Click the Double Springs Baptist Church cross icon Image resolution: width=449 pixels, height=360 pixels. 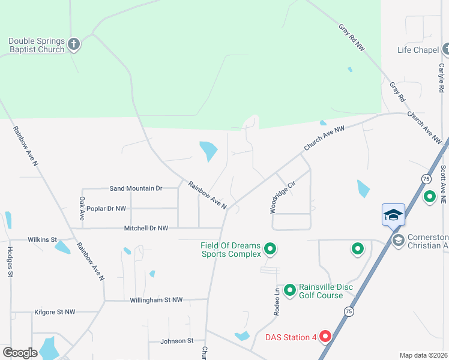click(73, 44)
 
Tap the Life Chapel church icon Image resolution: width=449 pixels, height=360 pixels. click(445, 49)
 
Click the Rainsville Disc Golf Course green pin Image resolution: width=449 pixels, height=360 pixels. click(290, 291)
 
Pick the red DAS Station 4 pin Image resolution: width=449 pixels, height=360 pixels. click(325, 337)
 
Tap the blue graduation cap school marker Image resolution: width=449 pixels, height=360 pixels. click(393, 215)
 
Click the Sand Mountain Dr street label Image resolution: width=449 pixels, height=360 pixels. click(136, 188)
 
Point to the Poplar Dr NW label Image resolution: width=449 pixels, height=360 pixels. click(106, 209)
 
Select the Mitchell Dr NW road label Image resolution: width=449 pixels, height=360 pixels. click(146, 229)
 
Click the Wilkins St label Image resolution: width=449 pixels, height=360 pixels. click(42, 239)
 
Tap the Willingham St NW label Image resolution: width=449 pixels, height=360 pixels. click(160, 299)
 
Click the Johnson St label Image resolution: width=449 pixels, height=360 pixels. click(177, 341)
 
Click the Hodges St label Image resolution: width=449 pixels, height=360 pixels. click(10, 262)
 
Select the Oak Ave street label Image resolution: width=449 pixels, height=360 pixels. click(82, 206)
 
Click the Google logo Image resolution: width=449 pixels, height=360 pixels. click(20, 353)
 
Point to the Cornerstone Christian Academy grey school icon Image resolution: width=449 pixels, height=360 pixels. click(398, 240)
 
